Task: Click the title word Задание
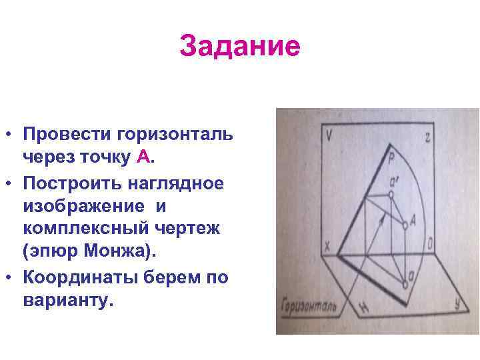pos(240,46)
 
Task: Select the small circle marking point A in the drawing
pos(405,227)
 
